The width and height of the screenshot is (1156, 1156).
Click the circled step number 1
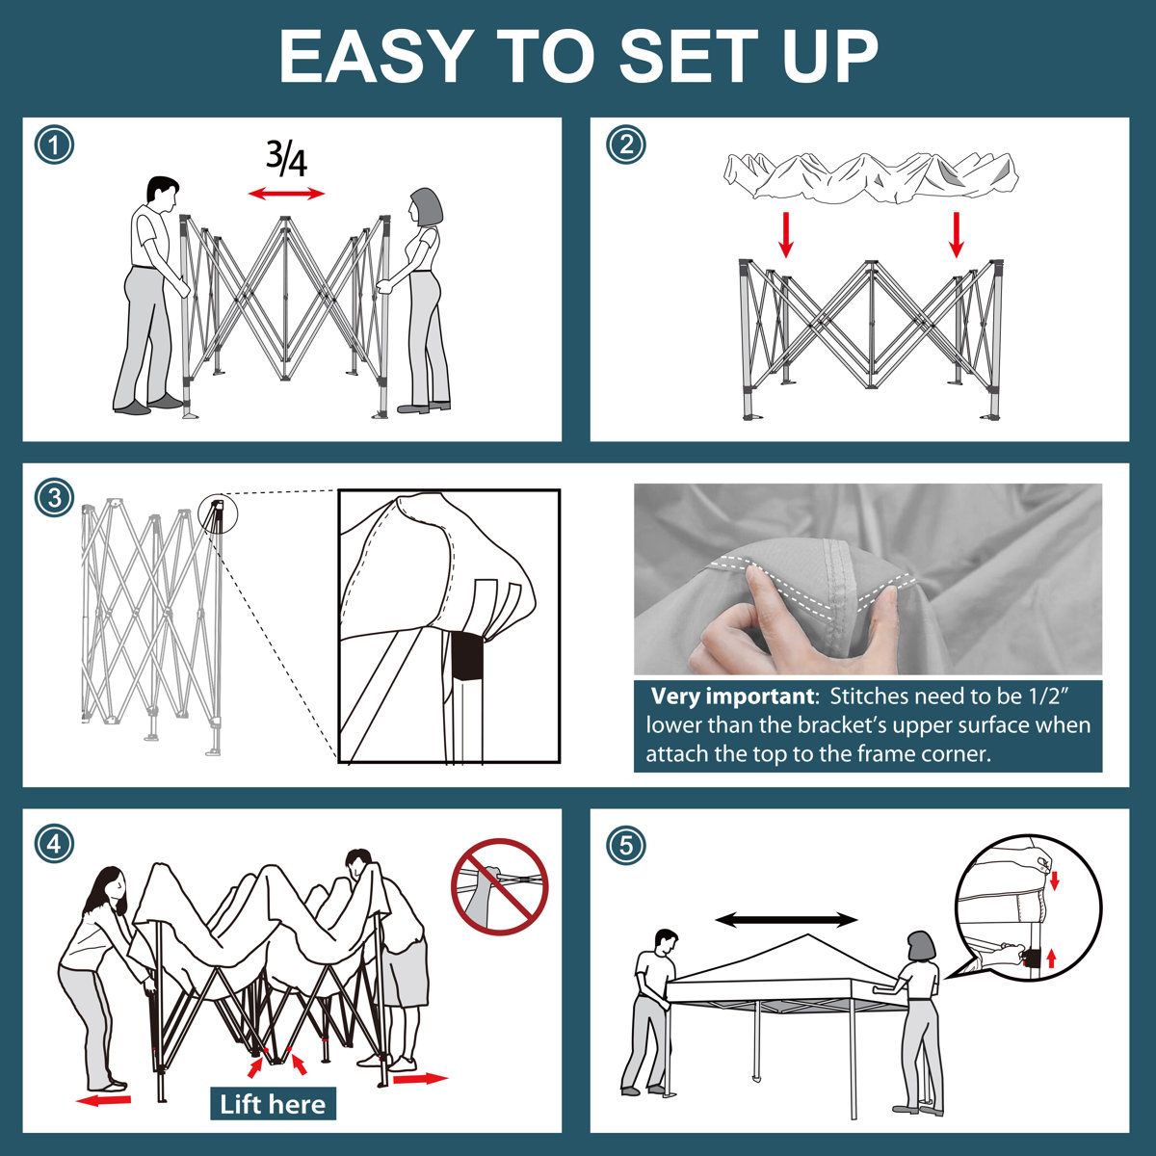54,145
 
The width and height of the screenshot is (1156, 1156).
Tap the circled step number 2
626,145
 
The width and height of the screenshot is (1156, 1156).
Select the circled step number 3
54,497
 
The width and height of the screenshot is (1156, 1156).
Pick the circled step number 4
54,845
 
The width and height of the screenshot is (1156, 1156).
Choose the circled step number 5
626,846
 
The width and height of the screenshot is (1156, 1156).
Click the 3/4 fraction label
287,158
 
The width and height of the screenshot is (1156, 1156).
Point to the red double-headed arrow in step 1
287,194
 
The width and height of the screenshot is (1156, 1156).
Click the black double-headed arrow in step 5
786,920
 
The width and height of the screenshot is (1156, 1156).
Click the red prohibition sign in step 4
500,886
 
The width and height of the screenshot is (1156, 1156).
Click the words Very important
732,696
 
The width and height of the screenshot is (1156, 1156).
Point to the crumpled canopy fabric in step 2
871,177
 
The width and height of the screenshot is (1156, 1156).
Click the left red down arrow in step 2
786,234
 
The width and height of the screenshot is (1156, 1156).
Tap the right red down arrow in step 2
957,234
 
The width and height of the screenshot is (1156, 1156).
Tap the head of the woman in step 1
426,207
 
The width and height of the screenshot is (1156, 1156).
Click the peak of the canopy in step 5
808,935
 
